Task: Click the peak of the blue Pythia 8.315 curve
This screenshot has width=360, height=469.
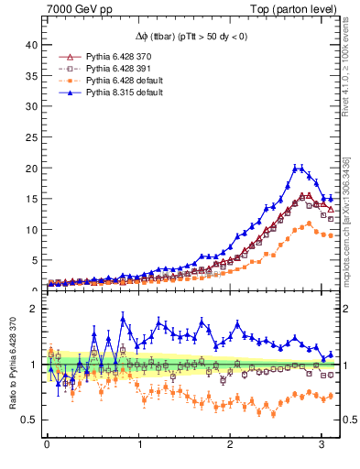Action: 298,168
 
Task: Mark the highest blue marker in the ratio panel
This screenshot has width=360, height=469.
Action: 123,319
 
